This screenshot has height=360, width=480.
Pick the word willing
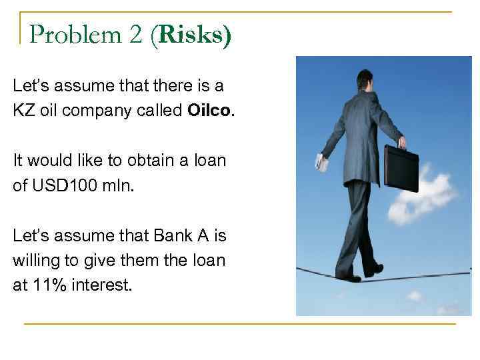(x=34, y=260)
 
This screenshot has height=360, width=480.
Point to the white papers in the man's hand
(x=321, y=163)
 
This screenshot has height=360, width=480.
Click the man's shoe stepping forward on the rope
(x=373, y=269)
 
